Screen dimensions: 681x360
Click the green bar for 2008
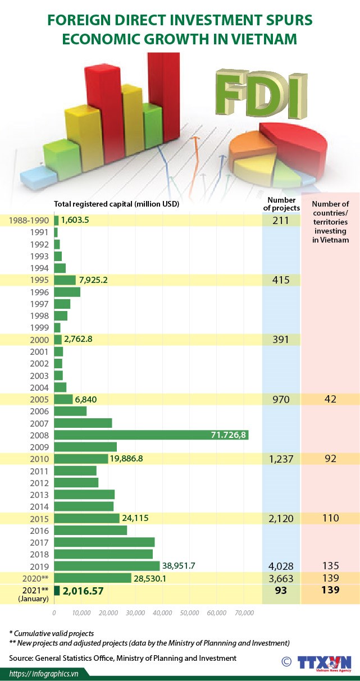tap(151, 435)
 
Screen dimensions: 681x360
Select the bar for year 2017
tap(104, 542)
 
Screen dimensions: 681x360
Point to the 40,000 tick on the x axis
tap(163, 613)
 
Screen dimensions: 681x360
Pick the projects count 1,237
tap(281, 459)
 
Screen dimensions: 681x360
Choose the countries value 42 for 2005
tap(330, 400)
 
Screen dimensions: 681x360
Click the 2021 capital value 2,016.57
tap(83, 591)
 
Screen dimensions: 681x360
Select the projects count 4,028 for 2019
tap(281, 566)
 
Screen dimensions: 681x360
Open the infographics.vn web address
tap(43, 673)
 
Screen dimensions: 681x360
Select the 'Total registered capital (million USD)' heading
tap(116, 204)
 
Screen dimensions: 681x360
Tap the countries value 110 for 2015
tap(330, 518)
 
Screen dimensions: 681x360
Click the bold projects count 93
tap(281, 590)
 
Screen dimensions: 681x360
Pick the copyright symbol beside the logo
tap(286, 662)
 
